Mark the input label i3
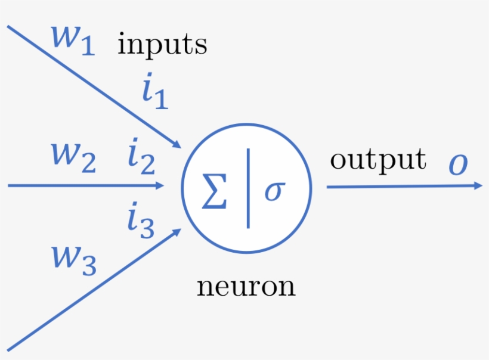pyautogui.click(x=141, y=221)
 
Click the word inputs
pyautogui.click(x=162, y=45)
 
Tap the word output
pyautogui.click(x=378, y=159)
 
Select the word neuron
pyautogui.click(x=246, y=287)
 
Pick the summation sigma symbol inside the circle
pyautogui.click(x=214, y=191)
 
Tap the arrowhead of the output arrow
pyautogui.click(x=478, y=185)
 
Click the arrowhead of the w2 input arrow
pyautogui.click(x=159, y=185)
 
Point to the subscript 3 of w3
pyautogui.click(x=88, y=268)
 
